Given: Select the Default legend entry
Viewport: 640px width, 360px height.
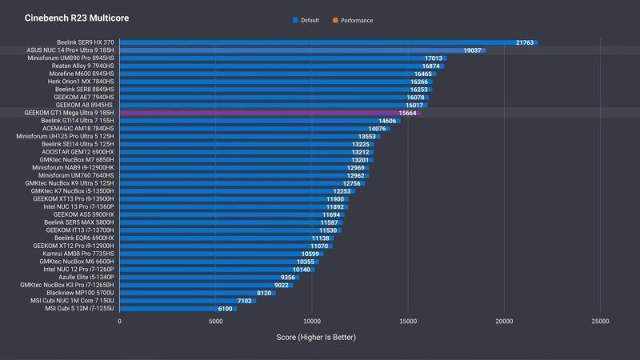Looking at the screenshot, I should (x=306, y=20).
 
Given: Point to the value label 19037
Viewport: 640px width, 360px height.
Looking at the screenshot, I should (x=472, y=50).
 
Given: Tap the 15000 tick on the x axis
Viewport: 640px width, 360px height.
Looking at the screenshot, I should (x=408, y=322).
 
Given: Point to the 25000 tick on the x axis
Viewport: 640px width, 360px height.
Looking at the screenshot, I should (x=600, y=322).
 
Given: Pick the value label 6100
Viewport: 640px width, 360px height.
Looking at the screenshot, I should (x=226, y=308).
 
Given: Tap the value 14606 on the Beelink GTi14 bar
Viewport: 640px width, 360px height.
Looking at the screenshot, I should (x=388, y=121).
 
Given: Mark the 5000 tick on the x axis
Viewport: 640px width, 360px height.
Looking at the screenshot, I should (x=216, y=322).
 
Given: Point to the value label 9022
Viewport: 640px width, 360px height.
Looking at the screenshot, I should (x=282, y=285).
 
